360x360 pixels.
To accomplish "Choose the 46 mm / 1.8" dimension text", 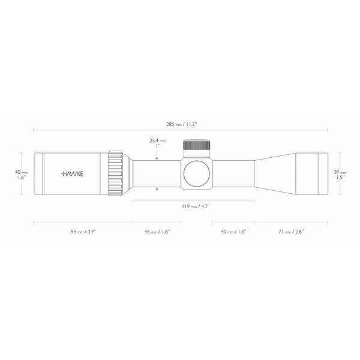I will [x=157, y=231].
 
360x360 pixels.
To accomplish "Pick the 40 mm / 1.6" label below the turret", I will [x=233, y=231].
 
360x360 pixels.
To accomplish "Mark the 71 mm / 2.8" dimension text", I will [x=290, y=231].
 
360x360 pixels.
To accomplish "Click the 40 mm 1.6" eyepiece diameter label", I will [x=21, y=175].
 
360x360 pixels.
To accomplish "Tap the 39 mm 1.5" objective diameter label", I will [x=340, y=175].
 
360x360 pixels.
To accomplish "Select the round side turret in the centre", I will [x=196, y=174].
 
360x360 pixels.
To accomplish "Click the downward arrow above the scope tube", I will [x=157, y=157].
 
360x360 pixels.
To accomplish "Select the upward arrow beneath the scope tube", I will [x=157, y=190].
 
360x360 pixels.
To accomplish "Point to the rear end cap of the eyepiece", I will [x=37, y=174].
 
